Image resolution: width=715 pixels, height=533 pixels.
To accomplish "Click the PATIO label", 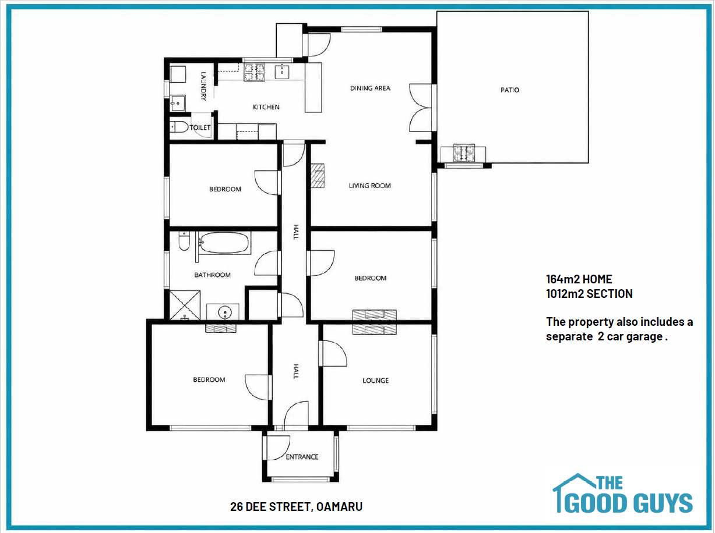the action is [x=510, y=90].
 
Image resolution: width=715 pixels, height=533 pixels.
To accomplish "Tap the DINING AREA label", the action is [x=370, y=88].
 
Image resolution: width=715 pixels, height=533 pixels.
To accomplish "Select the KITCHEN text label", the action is [x=266, y=107].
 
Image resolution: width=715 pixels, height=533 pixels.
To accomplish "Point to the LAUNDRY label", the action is [x=203, y=86].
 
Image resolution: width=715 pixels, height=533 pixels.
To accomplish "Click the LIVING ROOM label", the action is [x=369, y=186].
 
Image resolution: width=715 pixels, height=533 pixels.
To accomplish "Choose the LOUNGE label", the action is [x=376, y=381].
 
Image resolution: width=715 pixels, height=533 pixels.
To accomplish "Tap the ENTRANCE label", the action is [x=302, y=457].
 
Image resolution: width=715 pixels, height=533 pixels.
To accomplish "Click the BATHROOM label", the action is [x=212, y=275].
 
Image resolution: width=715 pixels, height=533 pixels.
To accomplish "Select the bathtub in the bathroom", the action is [x=224, y=243].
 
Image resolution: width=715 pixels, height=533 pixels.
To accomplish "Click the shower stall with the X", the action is [x=185, y=305].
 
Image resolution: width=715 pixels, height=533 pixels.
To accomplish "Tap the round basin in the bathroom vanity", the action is [x=224, y=312].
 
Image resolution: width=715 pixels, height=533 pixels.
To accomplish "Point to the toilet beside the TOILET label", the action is [x=179, y=127].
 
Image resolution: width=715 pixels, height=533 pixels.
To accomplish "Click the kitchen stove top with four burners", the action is [x=255, y=72].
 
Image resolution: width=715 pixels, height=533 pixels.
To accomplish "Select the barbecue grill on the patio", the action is [x=464, y=153].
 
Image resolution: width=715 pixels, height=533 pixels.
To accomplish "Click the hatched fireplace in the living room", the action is [x=317, y=176].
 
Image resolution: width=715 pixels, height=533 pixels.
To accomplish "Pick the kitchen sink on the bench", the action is [x=282, y=72].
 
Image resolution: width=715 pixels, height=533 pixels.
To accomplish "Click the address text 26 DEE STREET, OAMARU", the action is [x=296, y=507].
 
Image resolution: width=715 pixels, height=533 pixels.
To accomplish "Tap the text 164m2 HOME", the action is [x=579, y=279].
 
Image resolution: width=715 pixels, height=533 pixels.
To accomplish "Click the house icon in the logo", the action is [x=573, y=492].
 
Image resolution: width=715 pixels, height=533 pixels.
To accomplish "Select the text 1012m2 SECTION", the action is [x=589, y=294].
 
